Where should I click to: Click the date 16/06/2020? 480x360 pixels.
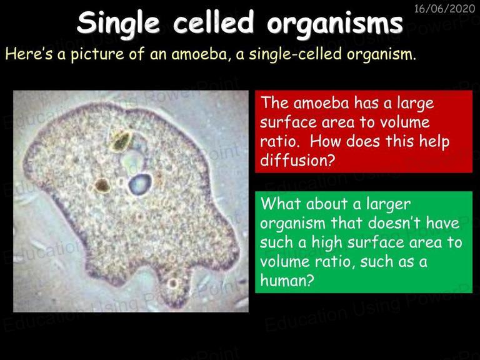pos(444,9)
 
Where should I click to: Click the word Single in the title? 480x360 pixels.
pos(119,23)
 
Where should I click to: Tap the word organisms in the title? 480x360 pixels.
pos(334,23)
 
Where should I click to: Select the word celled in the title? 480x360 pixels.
pos(213,22)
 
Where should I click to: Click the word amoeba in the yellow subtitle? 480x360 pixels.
pos(199,54)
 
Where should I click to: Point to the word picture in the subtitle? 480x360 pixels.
pos(97,54)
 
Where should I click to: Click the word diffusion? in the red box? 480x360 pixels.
pos(296,160)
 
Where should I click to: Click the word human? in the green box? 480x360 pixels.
pos(287,280)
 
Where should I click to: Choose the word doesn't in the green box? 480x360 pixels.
pos(393,222)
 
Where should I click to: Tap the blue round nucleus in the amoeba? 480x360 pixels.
pos(140,184)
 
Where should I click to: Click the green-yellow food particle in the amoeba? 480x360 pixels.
pos(120,141)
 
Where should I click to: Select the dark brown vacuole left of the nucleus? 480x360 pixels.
pos(102,185)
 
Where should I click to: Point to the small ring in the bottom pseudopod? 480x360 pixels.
pos(173,284)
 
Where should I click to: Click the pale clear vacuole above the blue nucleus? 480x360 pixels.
pos(132,159)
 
